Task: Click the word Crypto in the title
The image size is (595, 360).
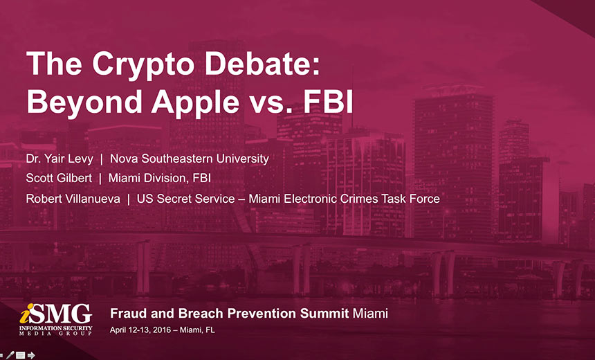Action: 143,65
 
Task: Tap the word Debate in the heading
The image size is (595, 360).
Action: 262,63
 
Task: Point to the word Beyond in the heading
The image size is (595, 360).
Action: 84,103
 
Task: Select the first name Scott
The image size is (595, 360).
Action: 37,178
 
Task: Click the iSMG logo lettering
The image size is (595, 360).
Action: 56,314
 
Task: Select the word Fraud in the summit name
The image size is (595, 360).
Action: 128,314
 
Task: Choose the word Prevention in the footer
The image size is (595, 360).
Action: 262,314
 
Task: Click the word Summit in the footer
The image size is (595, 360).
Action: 324,314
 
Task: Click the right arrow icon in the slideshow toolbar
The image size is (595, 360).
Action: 31,355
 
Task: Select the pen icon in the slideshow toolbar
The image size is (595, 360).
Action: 10,355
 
